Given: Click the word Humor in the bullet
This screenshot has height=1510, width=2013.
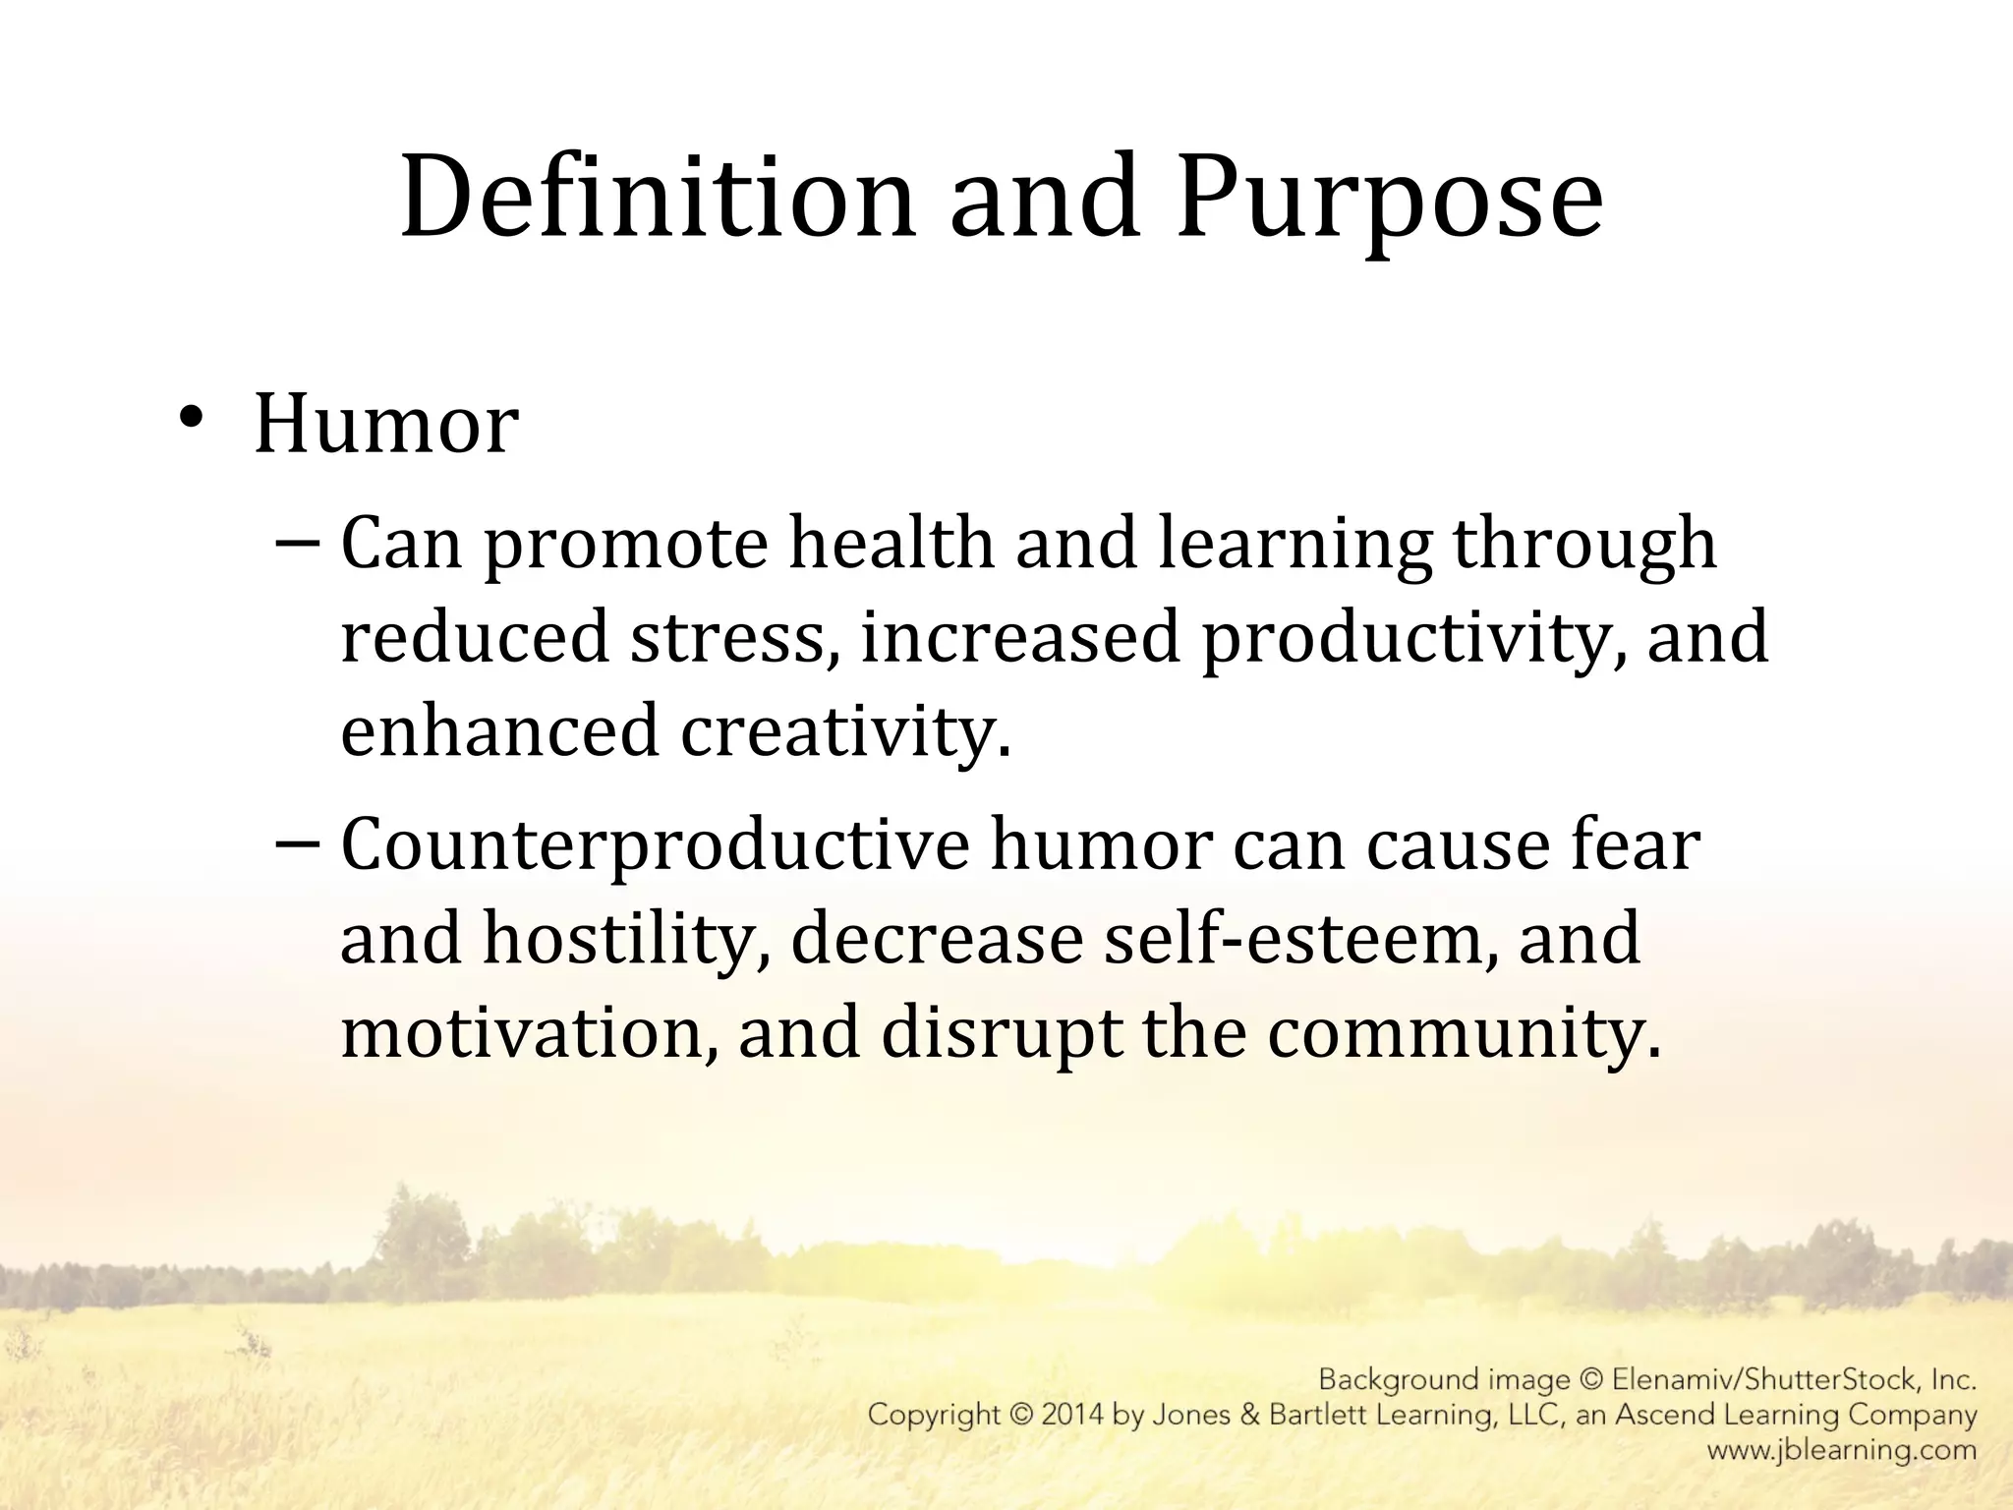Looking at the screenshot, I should (386, 425).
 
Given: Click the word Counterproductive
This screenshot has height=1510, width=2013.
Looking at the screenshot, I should (655, 846).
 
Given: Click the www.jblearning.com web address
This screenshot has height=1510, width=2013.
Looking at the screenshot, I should (1841, 1449).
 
